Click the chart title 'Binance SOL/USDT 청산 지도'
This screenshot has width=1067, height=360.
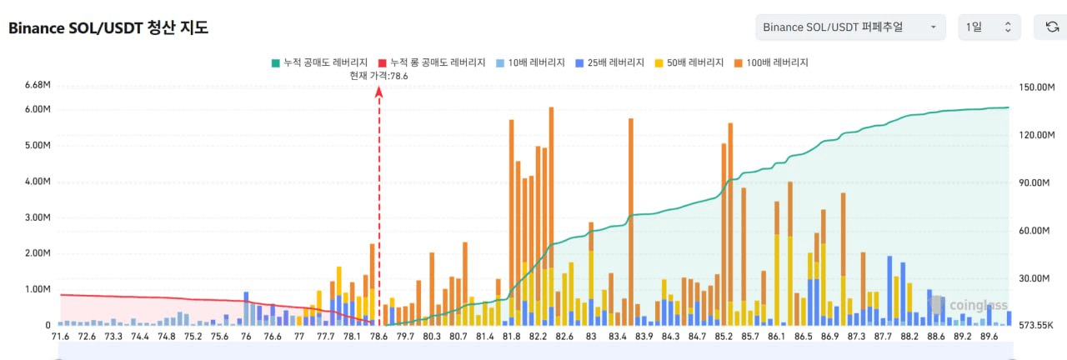(x=108, y=27)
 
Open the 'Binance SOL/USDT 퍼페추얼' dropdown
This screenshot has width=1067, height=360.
(x=850, y=27)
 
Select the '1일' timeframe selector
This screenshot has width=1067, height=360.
(x=989, y=27)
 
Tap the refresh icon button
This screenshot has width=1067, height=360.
(x=1052, y=27)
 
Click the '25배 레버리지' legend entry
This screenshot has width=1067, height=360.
(x=610, y=62)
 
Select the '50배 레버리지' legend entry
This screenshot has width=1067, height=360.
(x=691, y=62)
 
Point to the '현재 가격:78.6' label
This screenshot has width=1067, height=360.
(x=378, y=76)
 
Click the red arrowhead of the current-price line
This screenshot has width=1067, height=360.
(x=378, y=92)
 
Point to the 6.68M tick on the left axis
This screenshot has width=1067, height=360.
(x=38, y=85)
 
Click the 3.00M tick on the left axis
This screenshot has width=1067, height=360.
(x=38, y=217)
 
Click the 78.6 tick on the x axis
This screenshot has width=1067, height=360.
(x=378, y=337)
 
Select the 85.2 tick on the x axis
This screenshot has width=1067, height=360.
(x=724, y=337)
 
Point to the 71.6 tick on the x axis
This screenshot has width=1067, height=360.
(x=60, y=337)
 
